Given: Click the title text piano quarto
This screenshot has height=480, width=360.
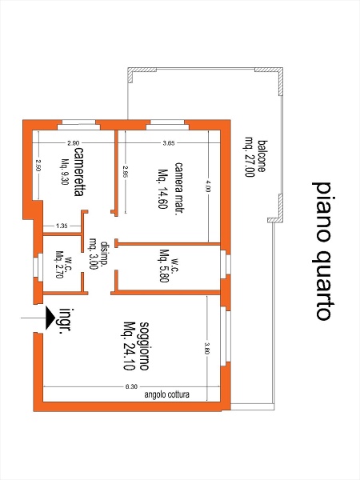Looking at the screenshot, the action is (322, 251).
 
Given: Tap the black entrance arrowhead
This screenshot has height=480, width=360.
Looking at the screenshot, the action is (50, 318).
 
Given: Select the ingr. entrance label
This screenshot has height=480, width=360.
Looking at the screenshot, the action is (66, 321).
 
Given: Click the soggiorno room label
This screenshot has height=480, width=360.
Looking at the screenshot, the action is (144, 346).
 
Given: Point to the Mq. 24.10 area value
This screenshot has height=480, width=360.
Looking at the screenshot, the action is (129, 346).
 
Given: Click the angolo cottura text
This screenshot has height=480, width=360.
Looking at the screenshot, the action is (167, 394).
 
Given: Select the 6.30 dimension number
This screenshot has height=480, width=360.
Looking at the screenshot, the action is (131, 386).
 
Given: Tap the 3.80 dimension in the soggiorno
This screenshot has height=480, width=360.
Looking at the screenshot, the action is (207, 348).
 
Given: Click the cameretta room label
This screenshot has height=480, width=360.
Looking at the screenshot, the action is (79, 172).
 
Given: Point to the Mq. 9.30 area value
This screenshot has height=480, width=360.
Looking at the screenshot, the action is (65, 172).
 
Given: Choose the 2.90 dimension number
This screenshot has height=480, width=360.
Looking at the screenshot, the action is (74, 143).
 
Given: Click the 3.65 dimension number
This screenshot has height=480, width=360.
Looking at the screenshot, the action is (169, 143).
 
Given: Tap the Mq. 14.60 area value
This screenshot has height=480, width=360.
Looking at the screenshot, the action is (163, 189).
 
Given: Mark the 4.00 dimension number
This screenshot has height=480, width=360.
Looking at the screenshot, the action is (208, 186).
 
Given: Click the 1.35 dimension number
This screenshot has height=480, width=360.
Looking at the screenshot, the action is (62, 226).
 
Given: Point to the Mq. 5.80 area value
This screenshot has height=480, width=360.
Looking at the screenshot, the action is (164, 266).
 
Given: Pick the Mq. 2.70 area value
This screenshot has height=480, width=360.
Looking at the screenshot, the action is (59, 265).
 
